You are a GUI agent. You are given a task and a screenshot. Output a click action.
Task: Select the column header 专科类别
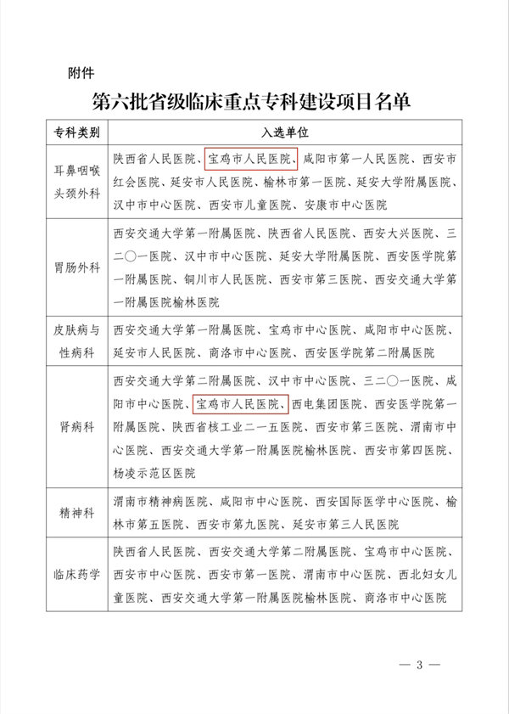(77, 134)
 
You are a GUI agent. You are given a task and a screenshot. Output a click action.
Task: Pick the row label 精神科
(77, 512)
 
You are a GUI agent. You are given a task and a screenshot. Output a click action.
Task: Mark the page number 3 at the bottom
(418, 664)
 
